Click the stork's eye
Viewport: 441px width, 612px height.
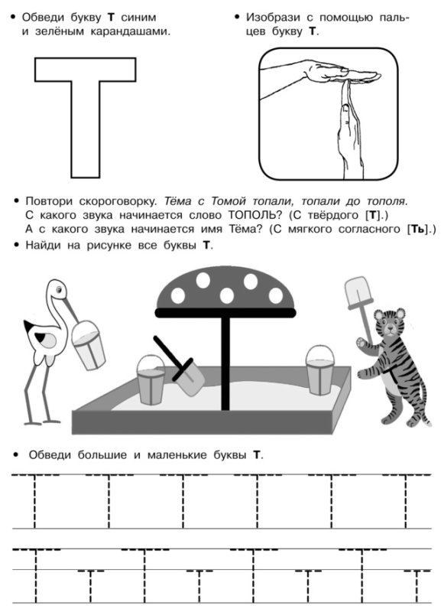click(59, 290)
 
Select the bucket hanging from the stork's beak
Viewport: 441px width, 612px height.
click(89, 346)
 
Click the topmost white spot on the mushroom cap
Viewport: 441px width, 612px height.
click(203, 280)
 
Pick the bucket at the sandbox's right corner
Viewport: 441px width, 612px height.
click(320, 370)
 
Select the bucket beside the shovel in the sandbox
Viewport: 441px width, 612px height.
click(151, 379)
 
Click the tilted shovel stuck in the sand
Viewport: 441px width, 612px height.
click(180, 366)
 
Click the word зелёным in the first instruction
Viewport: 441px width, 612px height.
click(60, 31)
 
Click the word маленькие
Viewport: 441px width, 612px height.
click(177, 454)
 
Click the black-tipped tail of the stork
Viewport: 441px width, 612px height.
click(29, 327)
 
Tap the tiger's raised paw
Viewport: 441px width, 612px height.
click(362, 343)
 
